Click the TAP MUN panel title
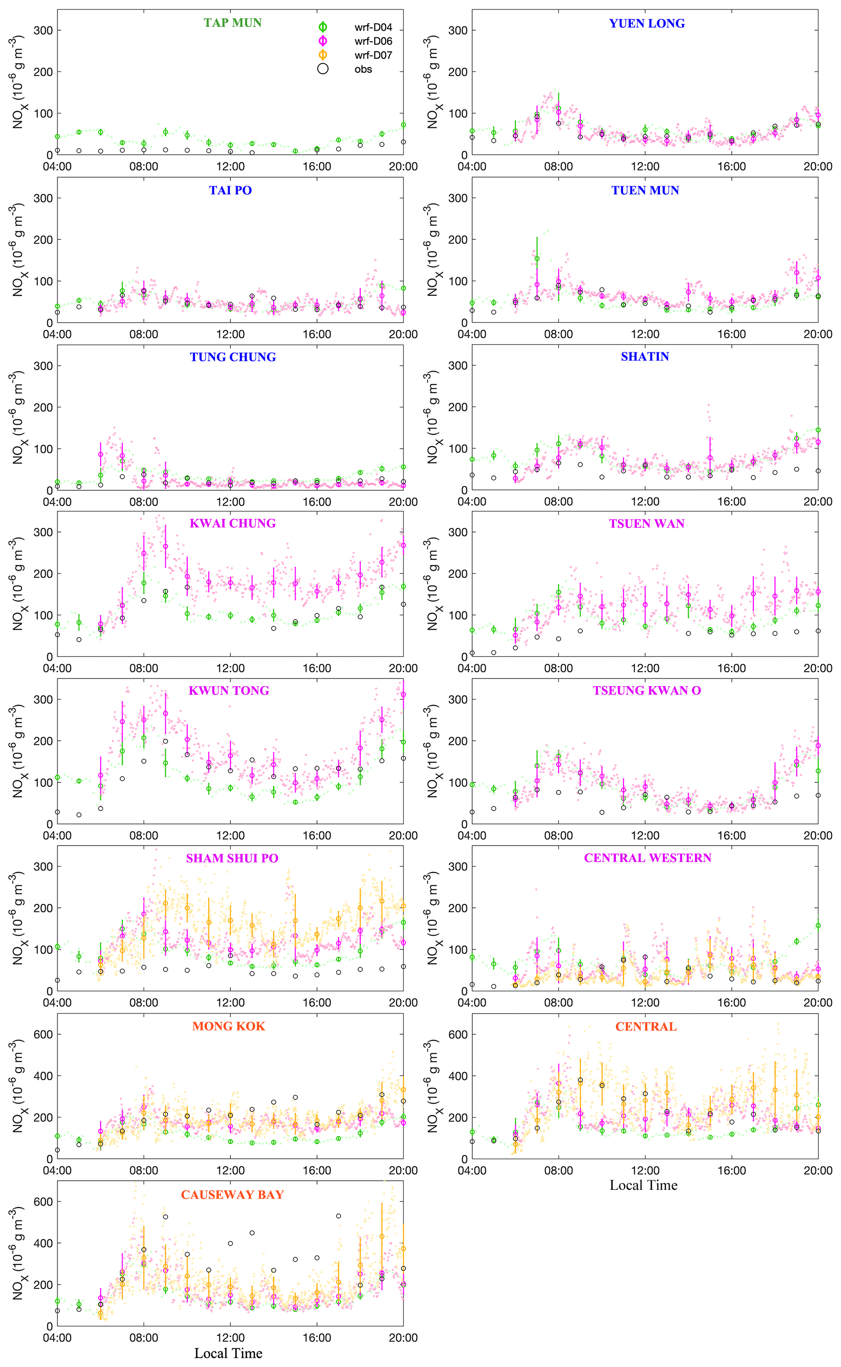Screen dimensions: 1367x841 [232, 23]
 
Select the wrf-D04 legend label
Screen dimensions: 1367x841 [373, 27]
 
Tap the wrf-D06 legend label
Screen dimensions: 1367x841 [373, 41]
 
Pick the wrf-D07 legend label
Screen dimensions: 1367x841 [373, 55]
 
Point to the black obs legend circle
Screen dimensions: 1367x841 [323, 69]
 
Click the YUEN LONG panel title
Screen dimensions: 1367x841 [647, 23]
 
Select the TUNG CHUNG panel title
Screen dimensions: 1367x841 [232, 357]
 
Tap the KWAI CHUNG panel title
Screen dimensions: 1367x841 [232, 523]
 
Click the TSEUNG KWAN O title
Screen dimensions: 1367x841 [647, 690]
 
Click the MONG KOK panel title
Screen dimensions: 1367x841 [228, 1026]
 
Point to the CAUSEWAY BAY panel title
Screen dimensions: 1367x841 [232, 1195]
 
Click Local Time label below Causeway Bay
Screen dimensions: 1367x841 [228, 1353]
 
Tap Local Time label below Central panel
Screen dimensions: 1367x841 [644, 1185]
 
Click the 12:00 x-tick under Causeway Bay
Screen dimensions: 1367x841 [230, 1337]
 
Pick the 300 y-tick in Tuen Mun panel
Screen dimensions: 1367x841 [458, 198]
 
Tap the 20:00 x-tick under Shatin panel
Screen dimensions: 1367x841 [818, 501]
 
